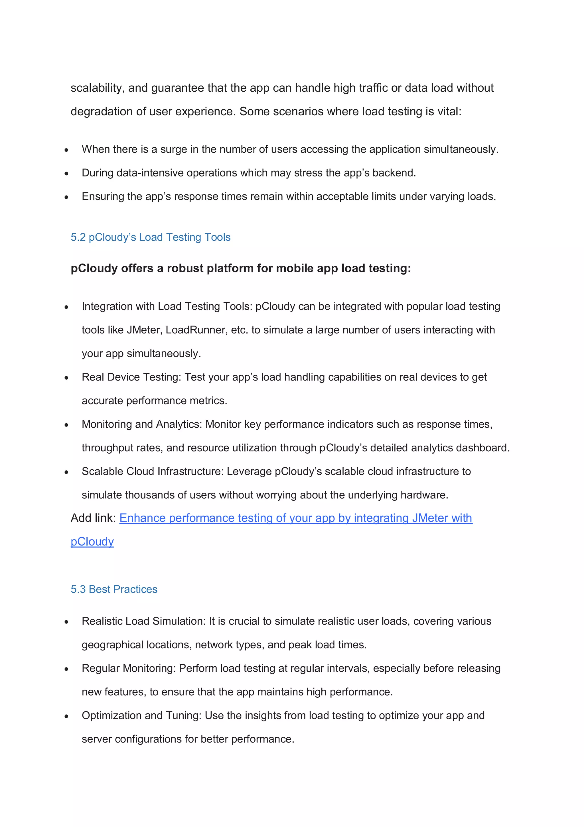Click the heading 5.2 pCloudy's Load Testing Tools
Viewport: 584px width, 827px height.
pyautogui.click(x=150, y=237)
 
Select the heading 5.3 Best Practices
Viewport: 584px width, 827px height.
pyautogui.click(x=114, y=589)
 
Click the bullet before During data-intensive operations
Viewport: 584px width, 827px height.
pyautogui.click(x=66, y=174)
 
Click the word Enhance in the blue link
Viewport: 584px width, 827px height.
pyautogui.click(x=143, y=518)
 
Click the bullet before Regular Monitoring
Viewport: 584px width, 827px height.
pyautogui.click(x=66, y=669)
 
